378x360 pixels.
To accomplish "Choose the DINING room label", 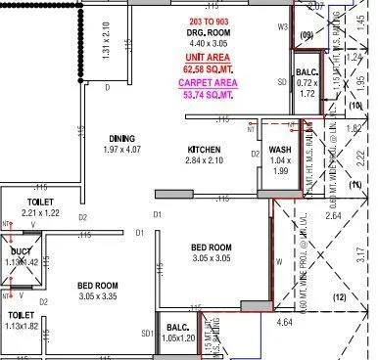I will tap(122, 139).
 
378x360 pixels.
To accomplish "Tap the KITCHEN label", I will tap(205, 150).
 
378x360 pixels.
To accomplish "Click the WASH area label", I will tap(279, 150).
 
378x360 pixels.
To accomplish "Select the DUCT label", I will tap(20, 250).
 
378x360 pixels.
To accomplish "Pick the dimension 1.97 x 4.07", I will tap(122, 150).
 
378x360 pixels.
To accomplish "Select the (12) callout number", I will tap(340, 296).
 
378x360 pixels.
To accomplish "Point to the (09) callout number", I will tap(306, 36).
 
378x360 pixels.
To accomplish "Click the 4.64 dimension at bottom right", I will tap(286, 321).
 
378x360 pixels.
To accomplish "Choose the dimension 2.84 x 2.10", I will tap(205, 160).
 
